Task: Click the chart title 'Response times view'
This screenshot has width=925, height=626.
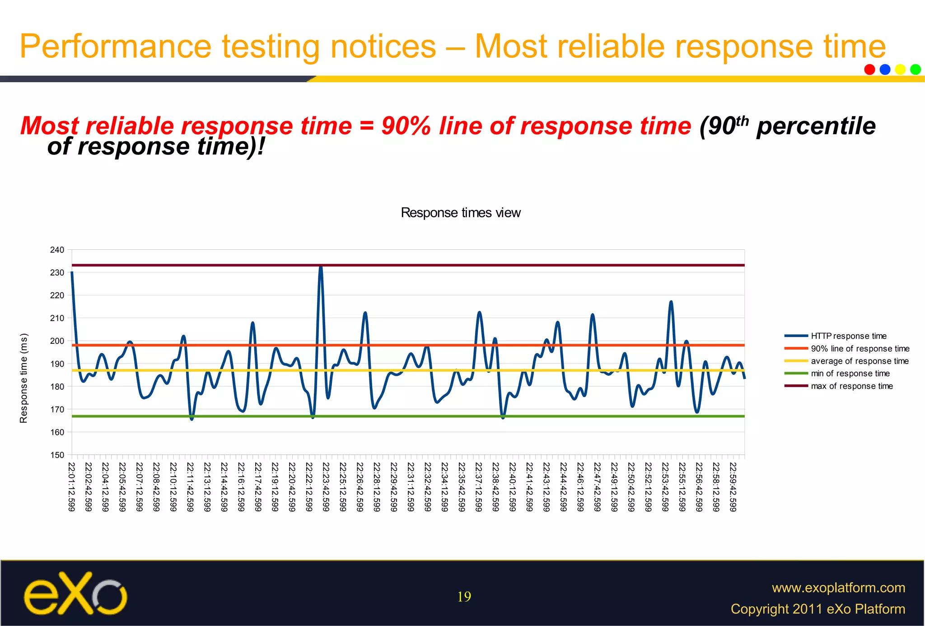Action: tap(460, 213)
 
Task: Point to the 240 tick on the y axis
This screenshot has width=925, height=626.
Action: tap(57, 250)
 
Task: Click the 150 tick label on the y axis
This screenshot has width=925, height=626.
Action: tap(57, 455)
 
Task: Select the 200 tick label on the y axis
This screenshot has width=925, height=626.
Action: tap(57, 341)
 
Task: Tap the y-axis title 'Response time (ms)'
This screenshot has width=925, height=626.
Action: tap(23, 378)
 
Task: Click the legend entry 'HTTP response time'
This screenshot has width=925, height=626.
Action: tap(848, 336)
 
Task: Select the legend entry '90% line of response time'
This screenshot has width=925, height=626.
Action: tap(860, 349)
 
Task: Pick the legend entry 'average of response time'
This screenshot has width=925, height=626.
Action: tap(859, 361)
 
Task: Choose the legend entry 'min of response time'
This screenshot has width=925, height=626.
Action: tap(850, 374)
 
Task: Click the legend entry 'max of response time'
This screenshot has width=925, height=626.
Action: tap(851, 386)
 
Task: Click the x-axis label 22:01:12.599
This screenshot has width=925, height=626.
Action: tap(71, 487)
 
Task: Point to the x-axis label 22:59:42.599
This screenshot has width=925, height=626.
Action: tap(733, 487)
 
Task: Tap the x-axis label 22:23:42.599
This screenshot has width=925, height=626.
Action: tap(326, 487)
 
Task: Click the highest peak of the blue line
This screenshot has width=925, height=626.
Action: tap(321, 267)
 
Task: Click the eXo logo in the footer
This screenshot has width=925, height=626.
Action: tap(75, 594)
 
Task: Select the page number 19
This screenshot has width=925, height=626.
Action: tap(464, 597)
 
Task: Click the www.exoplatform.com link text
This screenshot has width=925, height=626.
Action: tap(838, 588)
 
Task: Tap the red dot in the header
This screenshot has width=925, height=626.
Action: tap(869, 70)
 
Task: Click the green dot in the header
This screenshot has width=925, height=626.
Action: tap(916, 70)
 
